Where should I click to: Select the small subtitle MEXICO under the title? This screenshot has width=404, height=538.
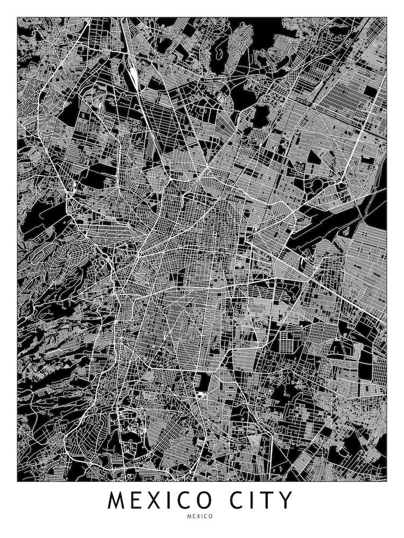pos(201,516)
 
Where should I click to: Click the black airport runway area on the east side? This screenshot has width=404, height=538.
pos(329,226)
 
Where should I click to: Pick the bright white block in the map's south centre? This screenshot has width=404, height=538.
pos(202,395)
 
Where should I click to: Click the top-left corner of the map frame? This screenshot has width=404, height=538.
pos(17,17)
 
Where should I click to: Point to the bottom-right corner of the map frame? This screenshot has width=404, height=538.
pos(387,480)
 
